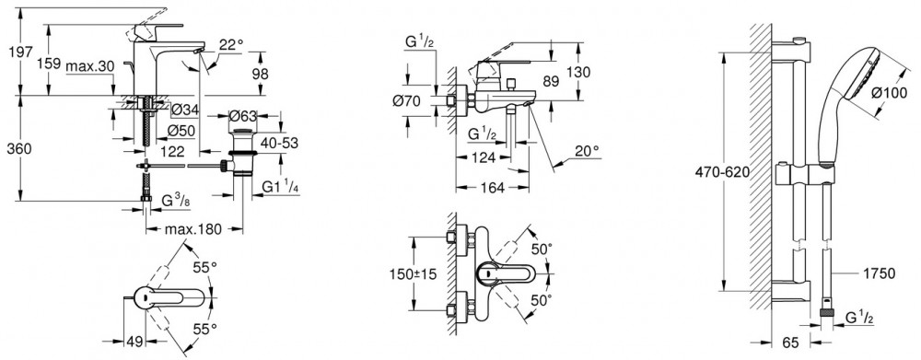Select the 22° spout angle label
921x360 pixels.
[231, 44]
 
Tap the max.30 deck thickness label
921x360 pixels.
[89, 66]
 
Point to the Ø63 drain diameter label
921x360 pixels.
[240, 114]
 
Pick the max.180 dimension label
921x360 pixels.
[194, 229]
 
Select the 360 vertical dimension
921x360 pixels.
[18, 149]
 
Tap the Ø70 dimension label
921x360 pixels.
[406, 101]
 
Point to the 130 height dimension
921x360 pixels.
[578, 72]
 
